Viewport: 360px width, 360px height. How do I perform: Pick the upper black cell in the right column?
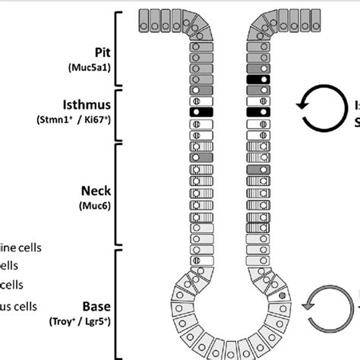(x=258, y=79)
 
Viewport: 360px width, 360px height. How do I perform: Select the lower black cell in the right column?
(x=258, y=112)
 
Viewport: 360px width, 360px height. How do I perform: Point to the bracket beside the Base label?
(x=118, y=304)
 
